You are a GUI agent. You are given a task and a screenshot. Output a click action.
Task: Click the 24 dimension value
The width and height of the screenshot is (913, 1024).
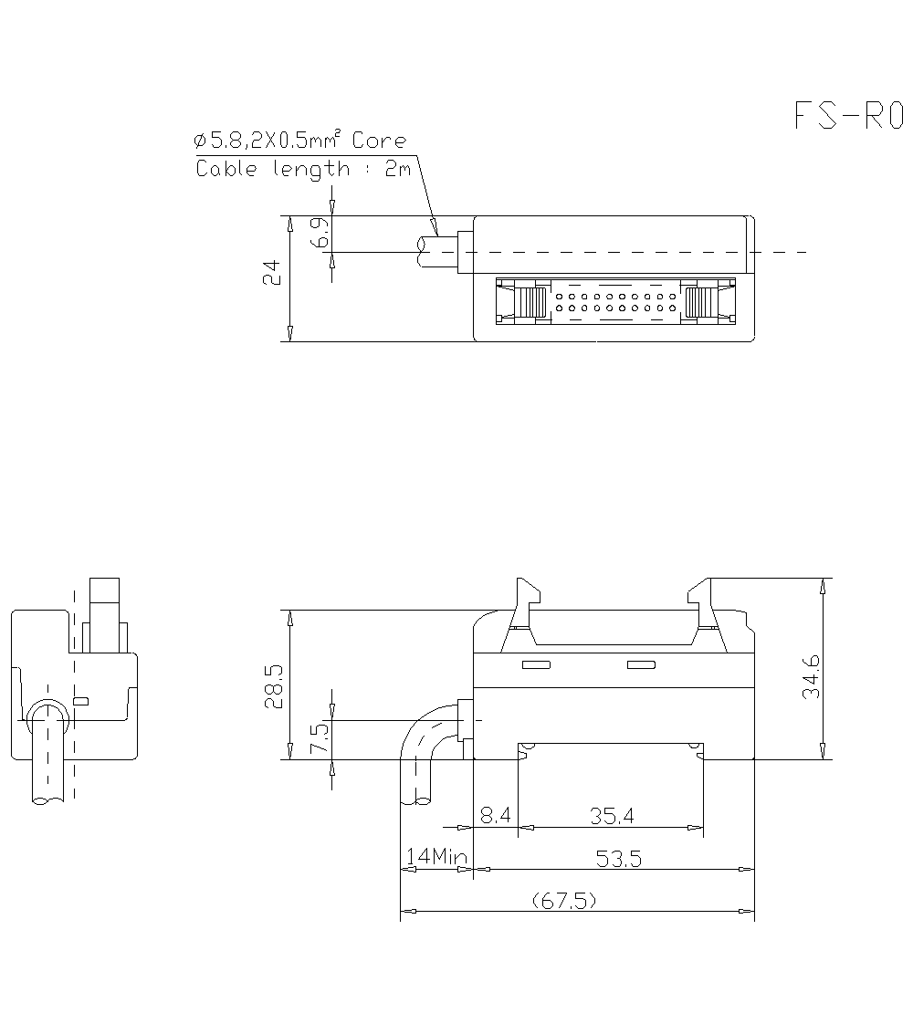tap(271, 273)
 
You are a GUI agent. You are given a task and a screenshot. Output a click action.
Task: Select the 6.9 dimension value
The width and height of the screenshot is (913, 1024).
tap(318, 235)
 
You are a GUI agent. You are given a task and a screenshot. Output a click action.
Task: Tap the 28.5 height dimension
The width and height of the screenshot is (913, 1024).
tap(272, 685)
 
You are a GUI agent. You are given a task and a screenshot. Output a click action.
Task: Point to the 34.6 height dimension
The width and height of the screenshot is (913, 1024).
tap(810, 676)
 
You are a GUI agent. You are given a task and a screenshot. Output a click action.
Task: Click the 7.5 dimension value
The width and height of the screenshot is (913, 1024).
tap(318, 738)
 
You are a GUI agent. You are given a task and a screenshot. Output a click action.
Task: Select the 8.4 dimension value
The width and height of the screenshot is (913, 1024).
tap(495, 816)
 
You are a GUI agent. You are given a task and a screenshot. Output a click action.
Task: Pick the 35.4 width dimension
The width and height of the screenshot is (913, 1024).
tap(611, 816)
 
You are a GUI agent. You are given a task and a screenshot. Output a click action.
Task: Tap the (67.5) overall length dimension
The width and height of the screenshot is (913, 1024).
tap(564, 901)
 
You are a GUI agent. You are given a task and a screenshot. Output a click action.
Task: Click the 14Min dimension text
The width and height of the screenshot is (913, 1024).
tap(436, 857)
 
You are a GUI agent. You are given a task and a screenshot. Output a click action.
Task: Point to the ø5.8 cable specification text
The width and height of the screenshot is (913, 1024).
tap(299, 141)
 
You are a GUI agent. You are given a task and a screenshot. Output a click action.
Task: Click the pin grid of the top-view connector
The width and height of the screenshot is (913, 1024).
tap(614, 302)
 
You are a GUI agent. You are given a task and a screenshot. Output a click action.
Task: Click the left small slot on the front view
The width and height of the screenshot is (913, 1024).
tap(535, 664)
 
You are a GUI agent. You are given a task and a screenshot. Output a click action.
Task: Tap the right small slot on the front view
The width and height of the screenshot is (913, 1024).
tap(641, 664)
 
